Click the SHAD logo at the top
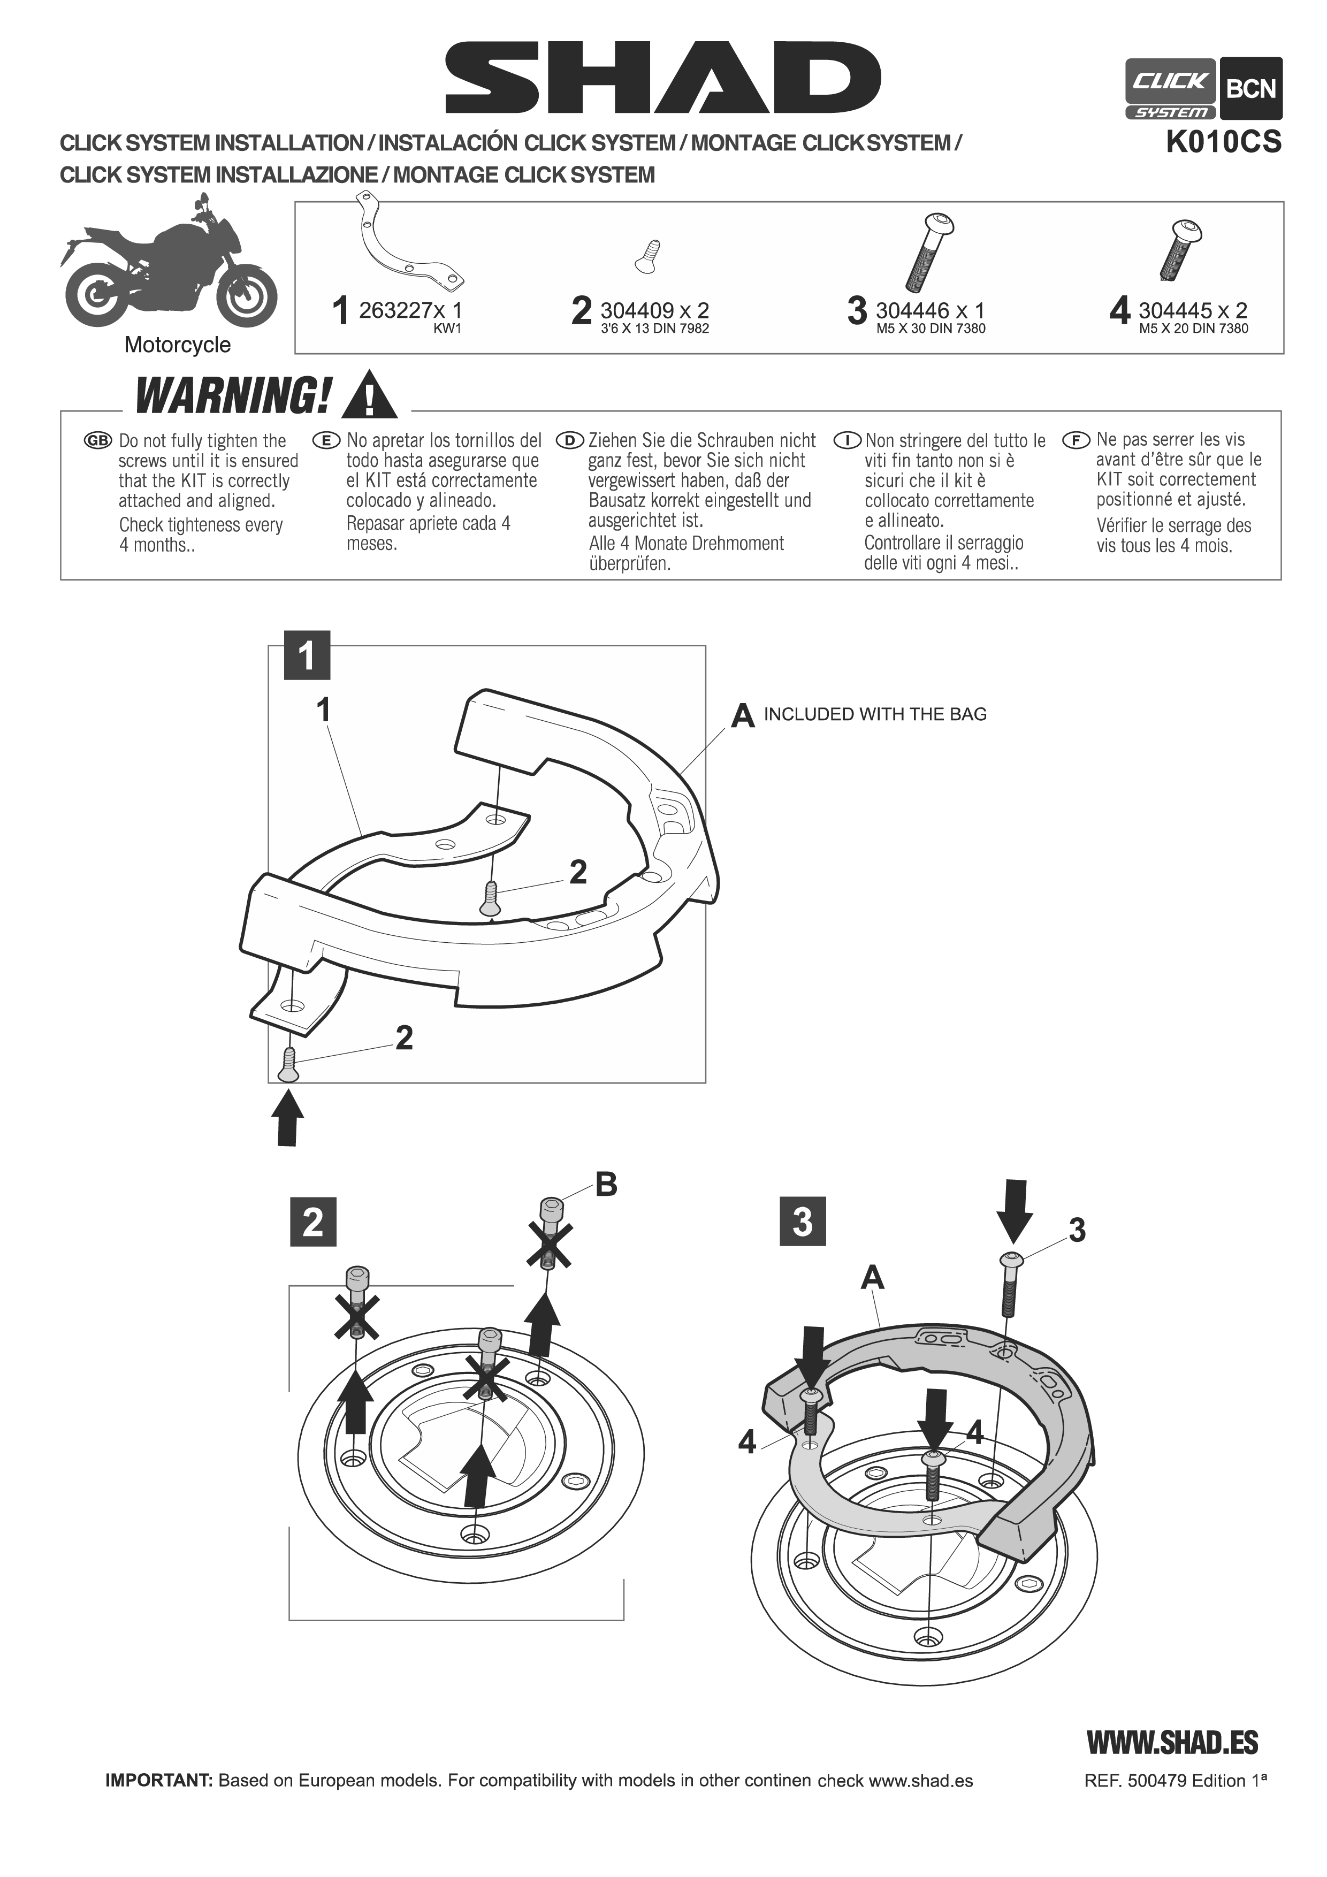663,79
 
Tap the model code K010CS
1223,142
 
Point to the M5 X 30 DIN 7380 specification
931,329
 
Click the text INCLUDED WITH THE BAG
875,714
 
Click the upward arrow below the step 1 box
286,1118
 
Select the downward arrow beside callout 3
1015,1211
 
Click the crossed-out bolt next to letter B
550,1235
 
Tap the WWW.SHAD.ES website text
1172,1743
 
